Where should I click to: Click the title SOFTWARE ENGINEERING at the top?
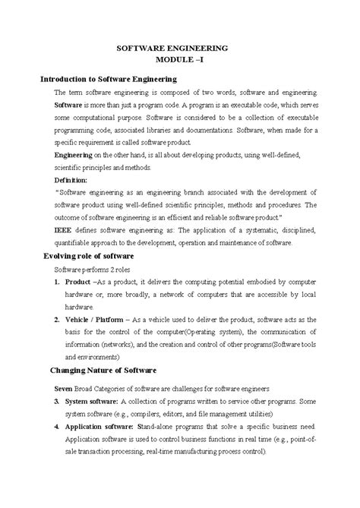[179, 47]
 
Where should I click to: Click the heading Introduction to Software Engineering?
[108, 78]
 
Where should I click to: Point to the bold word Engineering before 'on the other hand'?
[74, 154]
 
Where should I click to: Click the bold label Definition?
[71, 180]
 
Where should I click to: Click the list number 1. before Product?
[57, 282]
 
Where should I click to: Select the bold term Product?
[80, 282]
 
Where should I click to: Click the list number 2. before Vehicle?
[57, 320]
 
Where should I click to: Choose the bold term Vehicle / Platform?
[99, 320]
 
